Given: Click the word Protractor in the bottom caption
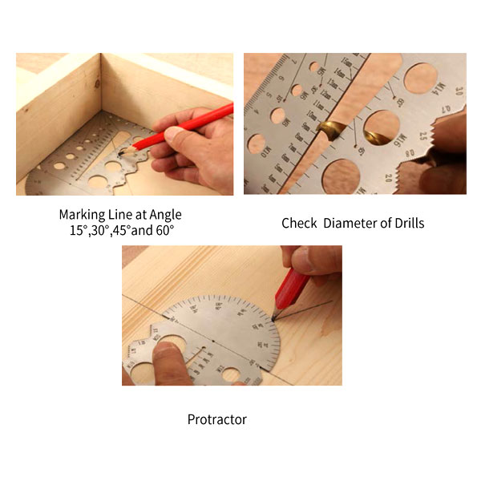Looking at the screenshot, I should (x=217, y=419).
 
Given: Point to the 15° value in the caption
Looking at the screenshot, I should (x=79, y=230).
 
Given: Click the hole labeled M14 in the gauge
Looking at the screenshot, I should (x=420, y=78).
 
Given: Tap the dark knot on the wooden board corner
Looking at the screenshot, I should (x=97, y=83).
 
